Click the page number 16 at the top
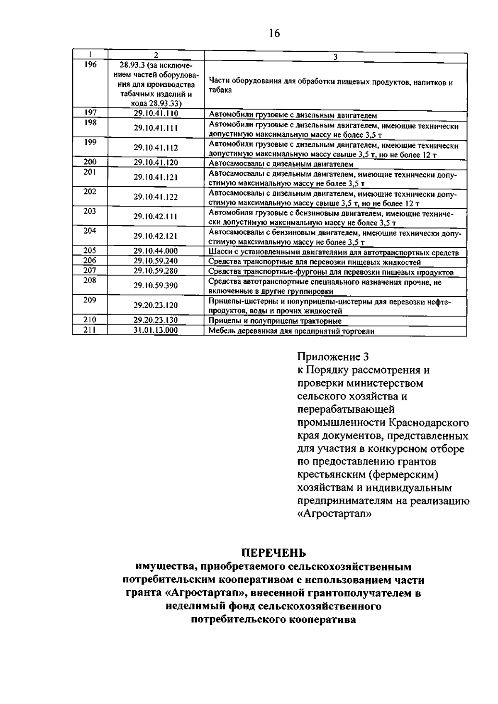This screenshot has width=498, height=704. (x=274, y=33)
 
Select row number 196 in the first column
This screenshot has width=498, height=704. (x=90, y=65)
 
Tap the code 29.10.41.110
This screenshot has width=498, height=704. (x=156, y=113)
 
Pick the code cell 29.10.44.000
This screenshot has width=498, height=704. (x=156, y=251)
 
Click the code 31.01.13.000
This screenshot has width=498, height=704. (x=156, y=331)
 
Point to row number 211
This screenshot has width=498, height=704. (x=90, y=330)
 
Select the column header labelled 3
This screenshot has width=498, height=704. (x=335, y=57)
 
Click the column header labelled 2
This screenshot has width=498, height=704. (x=156, y=55)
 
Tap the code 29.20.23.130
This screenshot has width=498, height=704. (x=156, y=320)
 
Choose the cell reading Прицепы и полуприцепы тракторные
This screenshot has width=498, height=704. (x=275, y=321)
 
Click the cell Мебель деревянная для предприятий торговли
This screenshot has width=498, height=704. (x=291, y=331)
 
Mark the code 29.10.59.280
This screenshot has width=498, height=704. (x=156, y=271)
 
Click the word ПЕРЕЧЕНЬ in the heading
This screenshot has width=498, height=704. (x=274, y=553)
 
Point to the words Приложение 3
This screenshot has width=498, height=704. (x=333, y=357)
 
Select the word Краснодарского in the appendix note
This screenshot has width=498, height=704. (x=429, y=423)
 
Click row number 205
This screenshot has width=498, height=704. (x=90, y=251)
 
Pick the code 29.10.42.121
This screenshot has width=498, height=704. (x=156, y=236)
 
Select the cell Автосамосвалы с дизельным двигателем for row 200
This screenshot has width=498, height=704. (x=281, y=163)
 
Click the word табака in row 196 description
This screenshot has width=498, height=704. (x=220, y=90)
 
